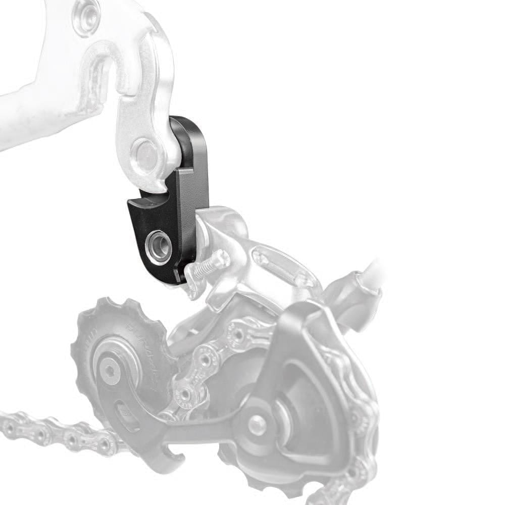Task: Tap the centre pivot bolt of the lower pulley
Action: coord(257,424)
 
